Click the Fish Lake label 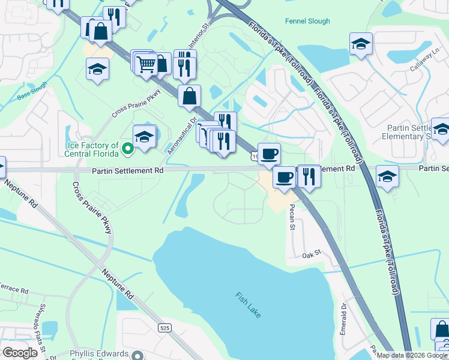pos(248,304)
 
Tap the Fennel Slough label pos(307,21)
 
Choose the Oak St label pos(313,254)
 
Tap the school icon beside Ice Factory pos(144,136)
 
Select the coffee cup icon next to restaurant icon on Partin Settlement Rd pos(285,177)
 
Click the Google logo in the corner pos(20,353)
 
